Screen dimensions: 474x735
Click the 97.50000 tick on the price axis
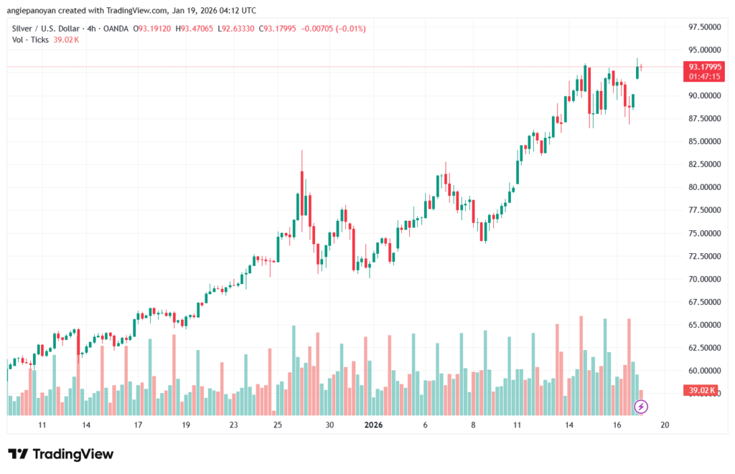click(704, 27)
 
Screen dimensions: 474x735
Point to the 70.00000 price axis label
click(704, 279)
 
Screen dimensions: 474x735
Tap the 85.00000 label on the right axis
click(704, 141)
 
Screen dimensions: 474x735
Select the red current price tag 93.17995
click(704, 67)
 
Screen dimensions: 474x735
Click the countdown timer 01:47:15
click(704, 76)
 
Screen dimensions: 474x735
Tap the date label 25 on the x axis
click(278, 425)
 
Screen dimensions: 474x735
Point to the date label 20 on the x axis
click(665, 425)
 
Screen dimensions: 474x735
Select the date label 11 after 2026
click(517, 425)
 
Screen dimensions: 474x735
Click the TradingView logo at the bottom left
click(60, 454)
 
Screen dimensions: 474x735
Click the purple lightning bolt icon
click(642, 407)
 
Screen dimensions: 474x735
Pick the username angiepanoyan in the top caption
click(34, 11)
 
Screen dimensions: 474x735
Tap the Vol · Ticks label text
click(31, 39)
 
